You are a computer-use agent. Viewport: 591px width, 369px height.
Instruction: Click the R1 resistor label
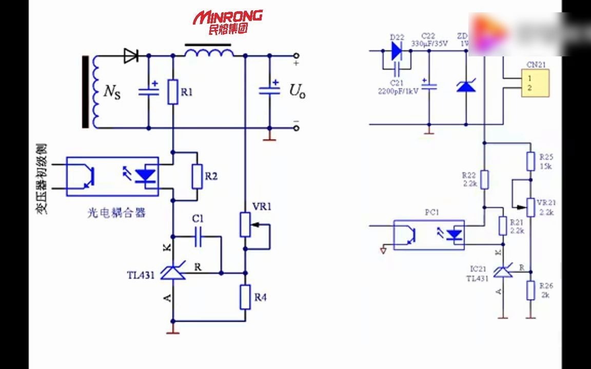tap(187, 92)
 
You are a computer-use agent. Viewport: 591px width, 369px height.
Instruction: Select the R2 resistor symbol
tap(196, 177)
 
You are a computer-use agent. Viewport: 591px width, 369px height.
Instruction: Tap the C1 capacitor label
tap(198, 219)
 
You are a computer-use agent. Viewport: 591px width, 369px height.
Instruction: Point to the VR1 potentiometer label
tap(262, 207)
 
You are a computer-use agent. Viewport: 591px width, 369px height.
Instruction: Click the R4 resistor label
tap(261, 297)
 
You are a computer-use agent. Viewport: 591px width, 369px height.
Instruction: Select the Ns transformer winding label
tap(112, 92)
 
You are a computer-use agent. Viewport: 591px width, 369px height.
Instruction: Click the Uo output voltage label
tap(297, 91)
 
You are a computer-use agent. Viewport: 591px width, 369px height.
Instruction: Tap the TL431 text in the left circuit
tap(141, 275)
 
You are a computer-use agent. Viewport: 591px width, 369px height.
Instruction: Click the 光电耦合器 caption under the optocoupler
tap(116, 213)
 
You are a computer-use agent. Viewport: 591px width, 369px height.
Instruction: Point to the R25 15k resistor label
tap(545, 161)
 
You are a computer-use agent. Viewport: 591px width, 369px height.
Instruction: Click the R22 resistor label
tap(469, 179)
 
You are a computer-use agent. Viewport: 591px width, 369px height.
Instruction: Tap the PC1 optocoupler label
tap(432, 212)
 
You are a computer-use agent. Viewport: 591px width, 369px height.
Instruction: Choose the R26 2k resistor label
tap(545, 290)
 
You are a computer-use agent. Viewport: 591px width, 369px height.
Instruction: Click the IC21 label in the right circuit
tap(477, 269)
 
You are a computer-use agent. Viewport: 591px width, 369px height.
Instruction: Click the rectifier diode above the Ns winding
tap(131, 56)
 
